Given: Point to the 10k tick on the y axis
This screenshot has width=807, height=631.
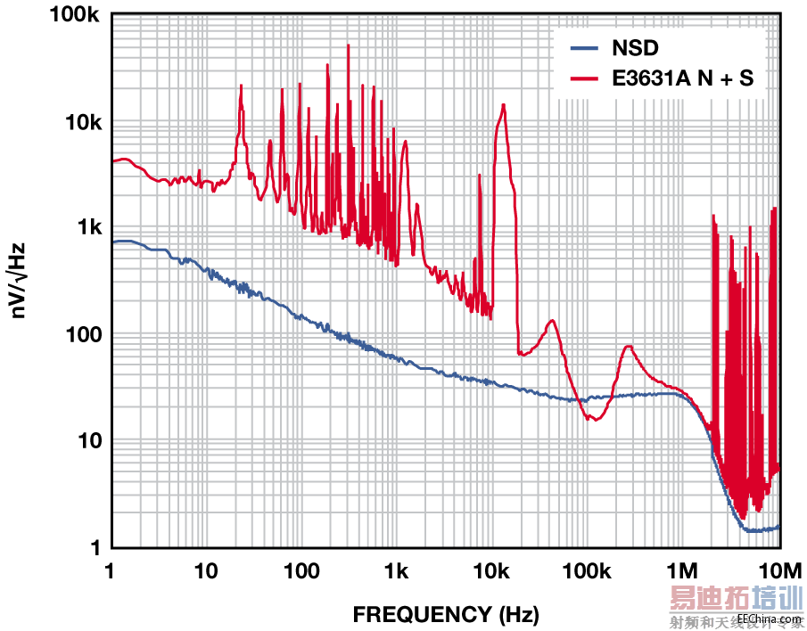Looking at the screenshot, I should (x=77, y=122).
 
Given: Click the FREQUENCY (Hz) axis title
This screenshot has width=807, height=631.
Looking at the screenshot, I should (x=446, y=614).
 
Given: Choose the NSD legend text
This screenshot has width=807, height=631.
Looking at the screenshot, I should (x=634, y=47).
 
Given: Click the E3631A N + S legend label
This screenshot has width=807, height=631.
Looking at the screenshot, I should (x=682, y=78).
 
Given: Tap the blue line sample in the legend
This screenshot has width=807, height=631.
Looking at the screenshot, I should (x=584, y=47).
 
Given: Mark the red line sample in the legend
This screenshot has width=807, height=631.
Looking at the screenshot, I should (x=584, y=78).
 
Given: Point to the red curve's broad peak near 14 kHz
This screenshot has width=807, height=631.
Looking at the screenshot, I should (x=504, y=105).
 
